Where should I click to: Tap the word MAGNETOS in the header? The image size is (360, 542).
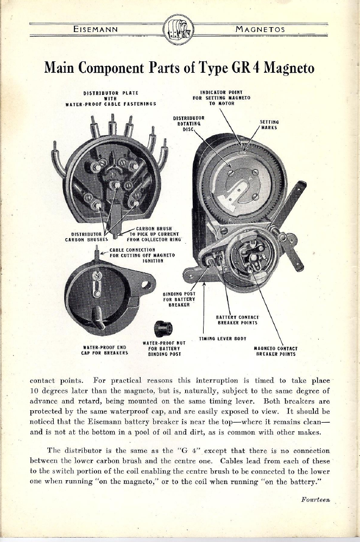(x=260, y=29)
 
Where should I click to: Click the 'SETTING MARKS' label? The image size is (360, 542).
(x=269, y=124)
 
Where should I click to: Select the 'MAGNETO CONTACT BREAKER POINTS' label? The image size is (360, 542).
(x=275, y=351)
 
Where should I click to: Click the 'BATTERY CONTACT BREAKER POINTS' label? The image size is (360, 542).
(x=237, y=320)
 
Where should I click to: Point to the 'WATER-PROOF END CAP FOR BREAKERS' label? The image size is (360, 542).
(x=104, y=350)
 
